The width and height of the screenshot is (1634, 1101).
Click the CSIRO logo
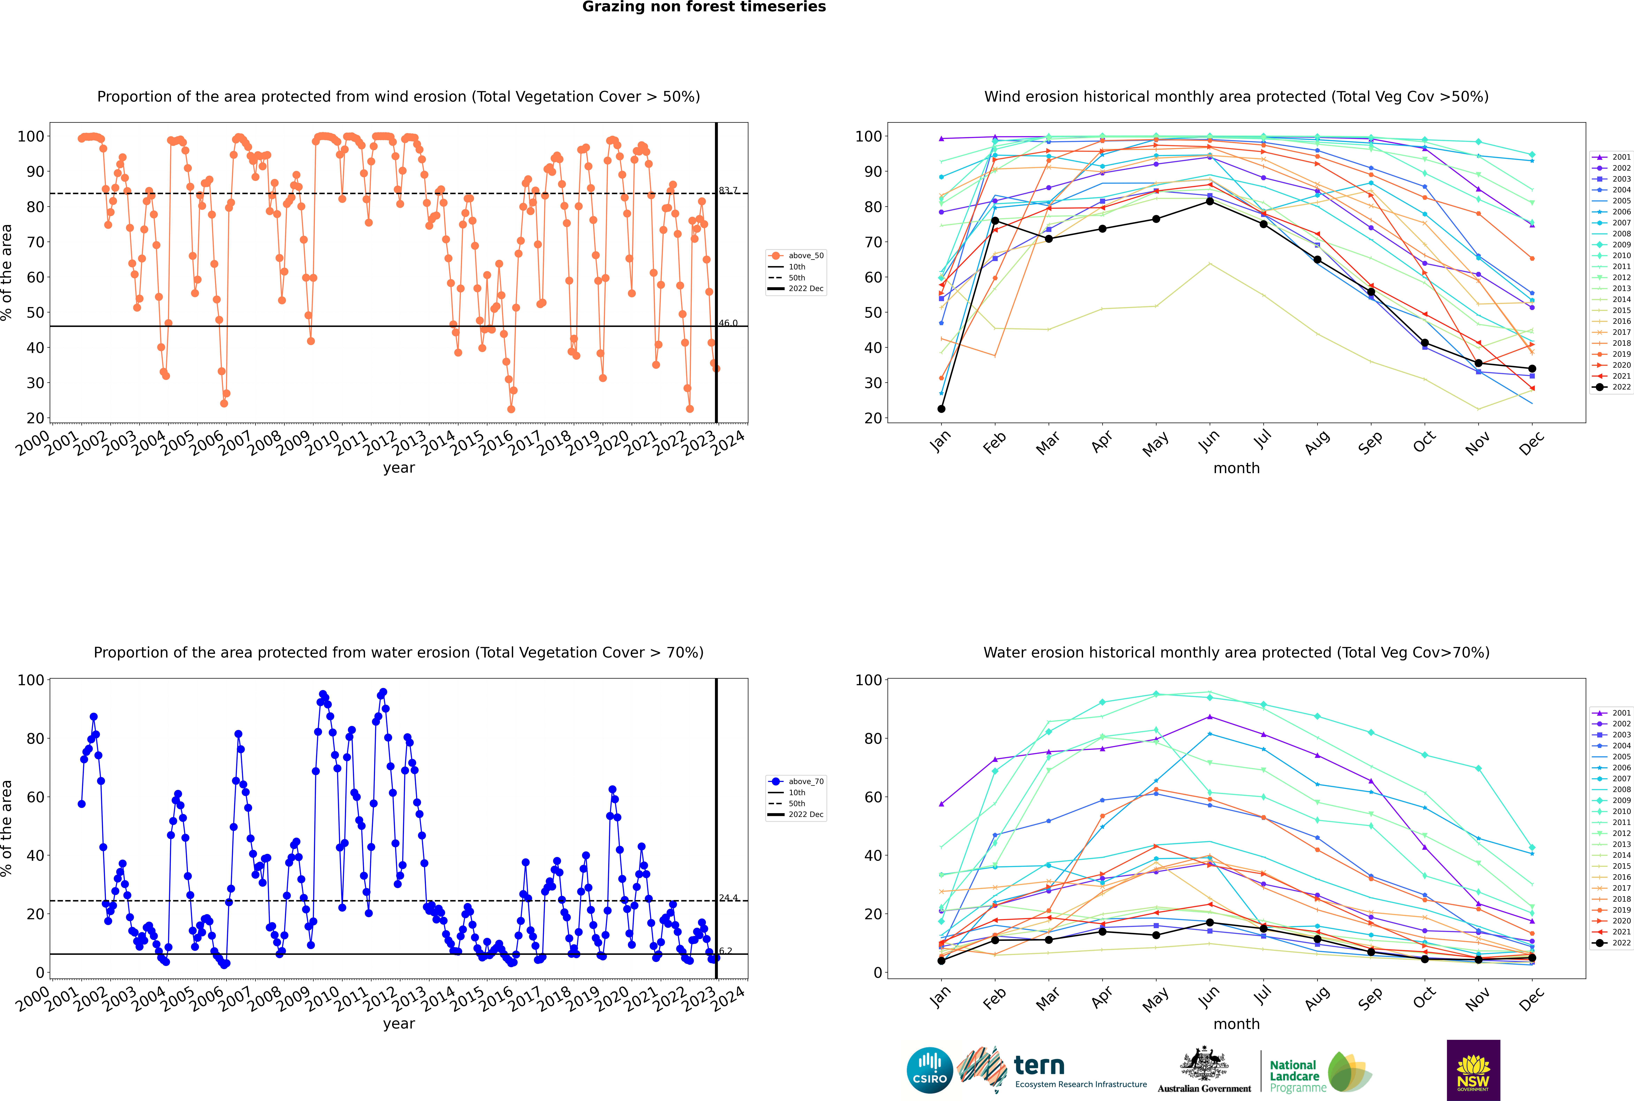click(x=929, y=1071)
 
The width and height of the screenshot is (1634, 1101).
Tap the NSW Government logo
click(x=1473, y=1070)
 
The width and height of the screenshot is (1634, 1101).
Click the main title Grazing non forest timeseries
click(x=704, y=7)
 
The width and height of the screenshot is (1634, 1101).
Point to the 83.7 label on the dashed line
click(x=728, y=190)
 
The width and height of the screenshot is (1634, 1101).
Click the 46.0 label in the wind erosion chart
click(x=728, y=323)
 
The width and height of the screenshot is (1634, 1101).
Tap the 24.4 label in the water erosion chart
click(x=728, y=898)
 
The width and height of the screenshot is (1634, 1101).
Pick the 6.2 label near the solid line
click(x=725, y=951)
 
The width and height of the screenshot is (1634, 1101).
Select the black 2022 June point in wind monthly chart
click(x=1210, y=201)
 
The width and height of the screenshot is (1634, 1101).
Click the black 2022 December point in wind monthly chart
click(x=1532, y=369)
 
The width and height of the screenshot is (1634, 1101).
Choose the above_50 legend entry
click(x=796, y=256)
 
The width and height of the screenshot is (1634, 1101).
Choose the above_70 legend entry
click(x=796, y=782)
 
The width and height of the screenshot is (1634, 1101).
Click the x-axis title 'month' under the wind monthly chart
click(x=1236, y=468)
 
